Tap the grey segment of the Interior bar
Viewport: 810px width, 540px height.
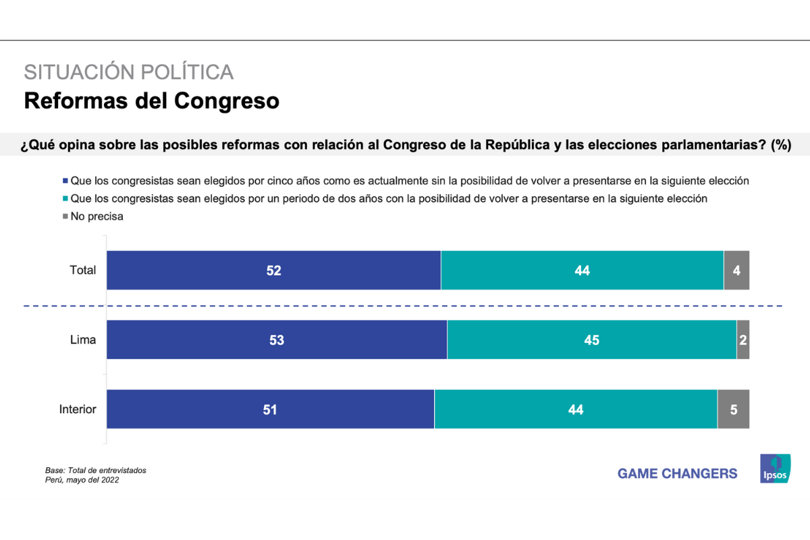[x=733, y=409]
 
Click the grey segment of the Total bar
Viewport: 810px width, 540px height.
[x=736, y=270]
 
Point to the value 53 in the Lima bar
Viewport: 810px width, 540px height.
[x=277, y=340]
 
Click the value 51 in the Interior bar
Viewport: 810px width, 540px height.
[x=271, y=410]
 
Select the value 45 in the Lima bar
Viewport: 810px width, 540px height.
[x=591, y=340]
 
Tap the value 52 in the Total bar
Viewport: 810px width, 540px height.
[x=273, y=271]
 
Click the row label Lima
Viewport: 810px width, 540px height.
[x=83, y=340]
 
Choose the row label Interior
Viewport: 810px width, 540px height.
[x=78, y=409]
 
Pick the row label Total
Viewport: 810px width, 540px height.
[x=83, y=270]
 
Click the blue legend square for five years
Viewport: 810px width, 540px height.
[x=65, y=181]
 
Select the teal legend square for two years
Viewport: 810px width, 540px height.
[x=65, y=199]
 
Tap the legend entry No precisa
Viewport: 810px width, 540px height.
[x=97, y=217]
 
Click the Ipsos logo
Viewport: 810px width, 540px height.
[x=775, y=468]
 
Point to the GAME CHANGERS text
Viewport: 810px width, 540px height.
[x=677, y=474]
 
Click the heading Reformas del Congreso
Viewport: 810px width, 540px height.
[x=151, y=101]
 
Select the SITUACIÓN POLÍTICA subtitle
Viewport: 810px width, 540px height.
[x=128, y=72]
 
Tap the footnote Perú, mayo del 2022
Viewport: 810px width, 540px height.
[x=82, y=480]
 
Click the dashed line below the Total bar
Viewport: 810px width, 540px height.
[x=405, y=306]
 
